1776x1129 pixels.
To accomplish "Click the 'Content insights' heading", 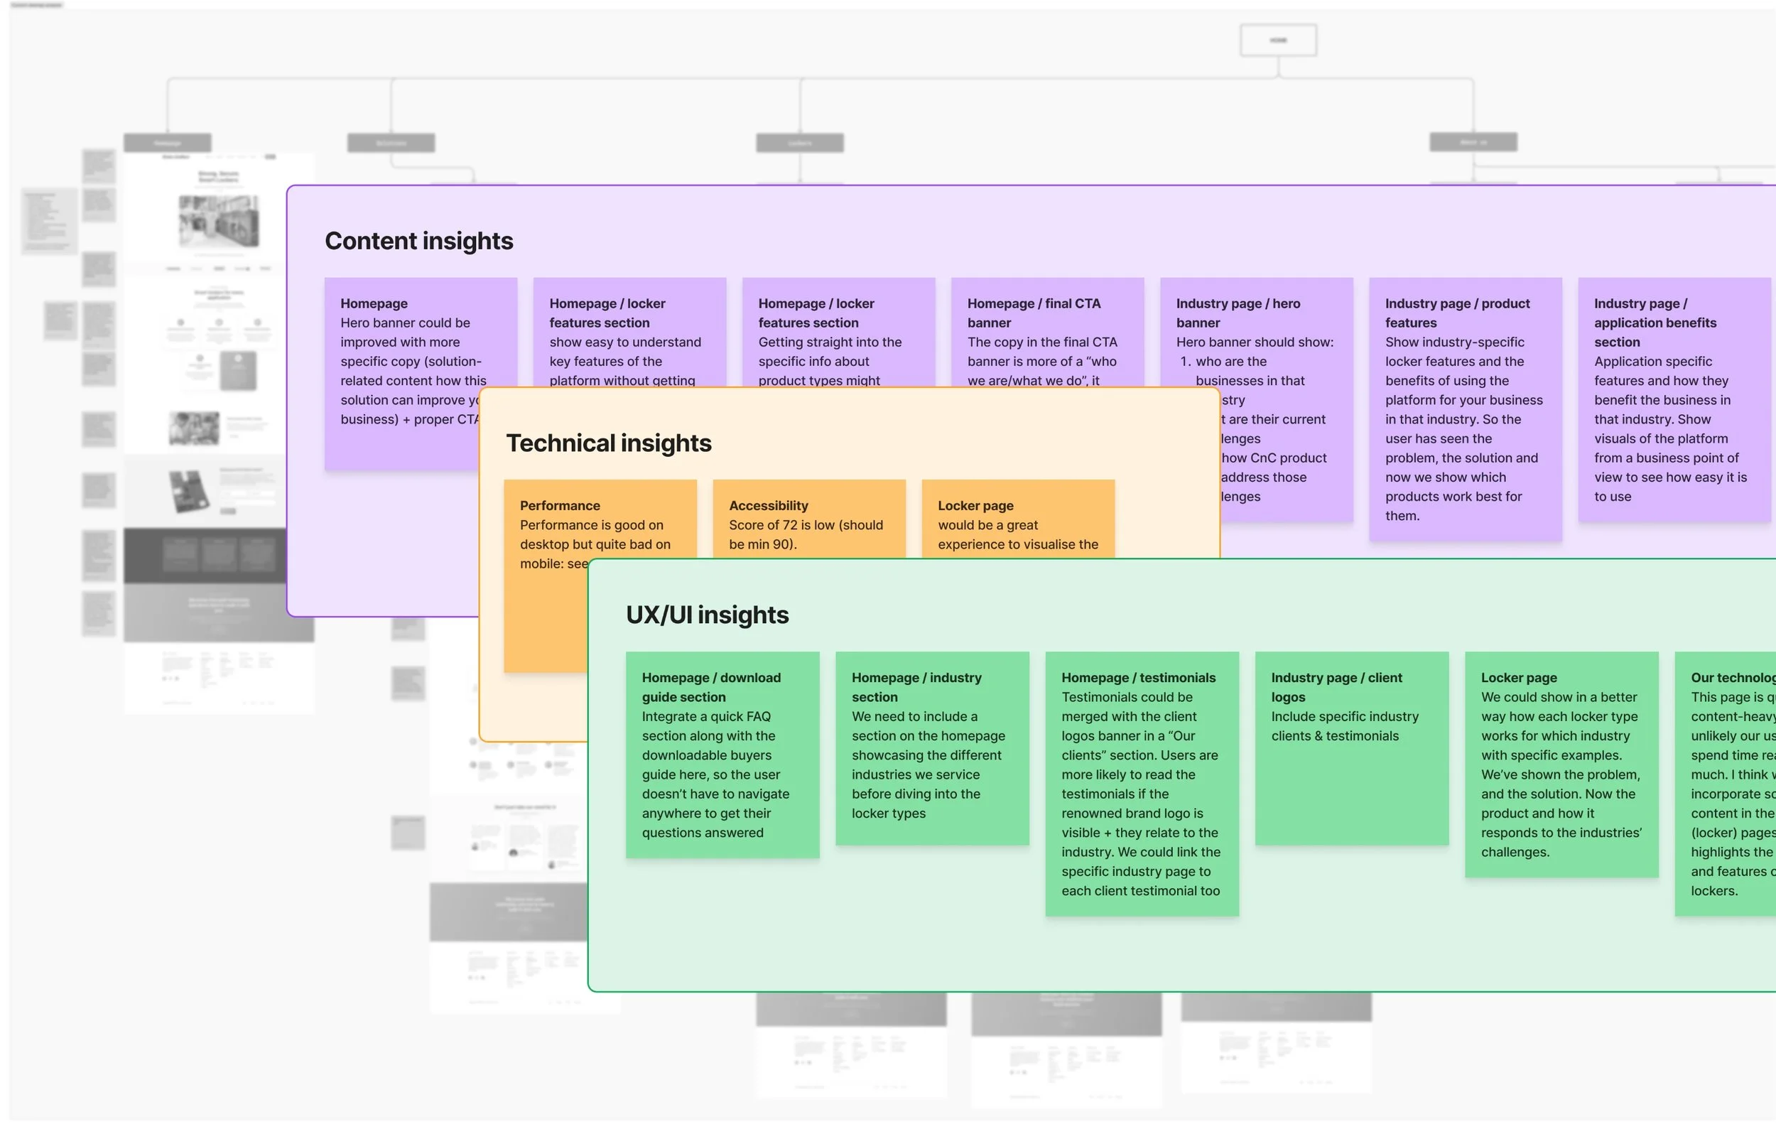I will pyautogui.click(x=418, y=241).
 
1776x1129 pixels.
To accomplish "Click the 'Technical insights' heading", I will pyautogui.click(x=609, y=443).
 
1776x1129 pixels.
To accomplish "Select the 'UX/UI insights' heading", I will pyautogui.click(x=707, y=615).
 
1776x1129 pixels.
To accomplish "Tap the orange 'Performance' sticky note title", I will pyautogui.click(x=560, y=506).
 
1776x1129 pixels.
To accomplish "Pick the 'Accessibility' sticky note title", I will pyautogui.click(x=768, y=506).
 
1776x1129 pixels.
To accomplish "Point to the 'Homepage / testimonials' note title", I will pyautogui.click(x=1138, y=678).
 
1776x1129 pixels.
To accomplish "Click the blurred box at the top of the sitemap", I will pyautogui.click(x=1278, y=40).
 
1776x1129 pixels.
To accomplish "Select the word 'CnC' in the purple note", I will pyautogui.click(x=1263, y=458).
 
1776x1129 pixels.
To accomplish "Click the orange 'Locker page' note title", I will pyautogui.click(x=975, y=506).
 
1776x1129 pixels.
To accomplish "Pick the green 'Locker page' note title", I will pyautogui.click(x=1519, y=678).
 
